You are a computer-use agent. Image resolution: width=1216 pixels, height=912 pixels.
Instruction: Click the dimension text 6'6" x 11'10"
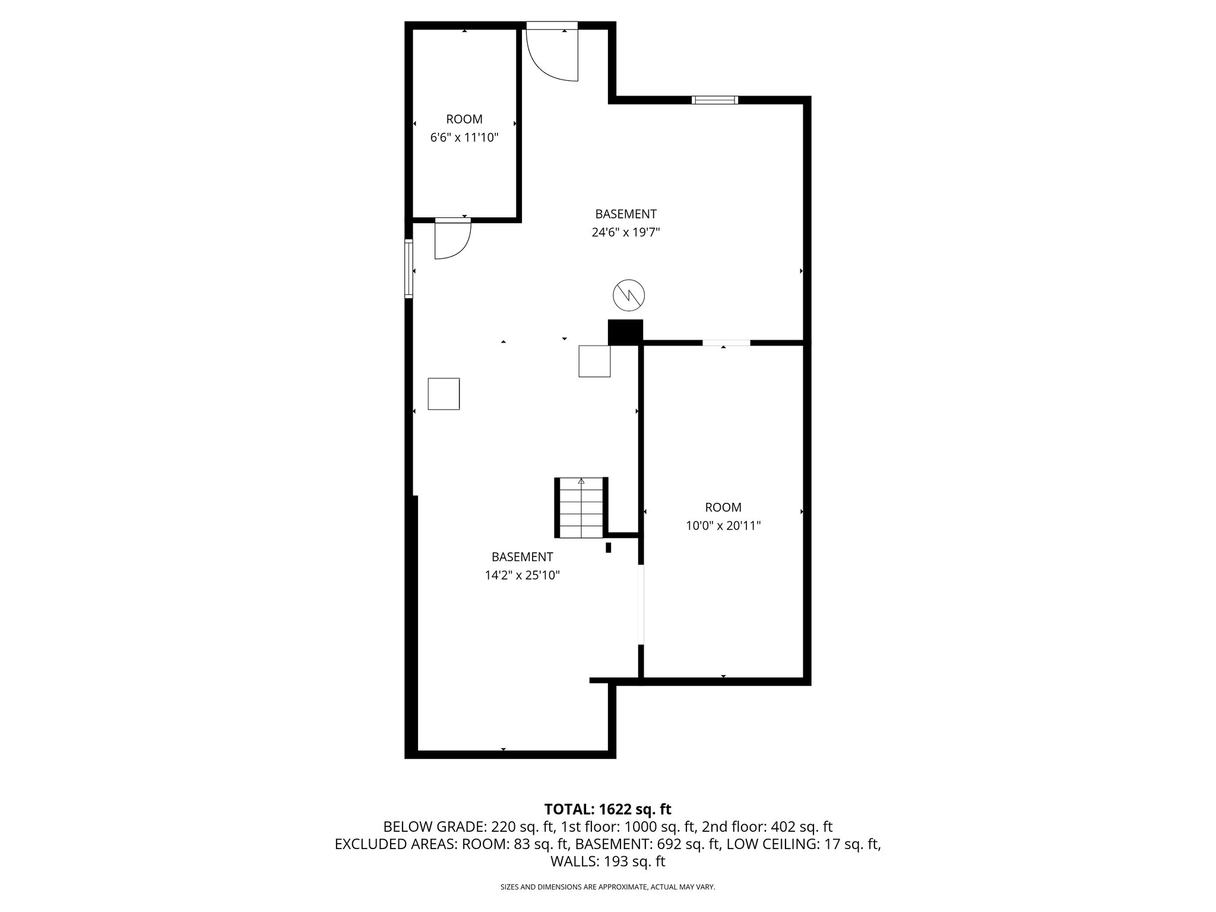click(464, 138)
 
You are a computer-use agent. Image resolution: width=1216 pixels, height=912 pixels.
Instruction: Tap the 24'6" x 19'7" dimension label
click(625, 233)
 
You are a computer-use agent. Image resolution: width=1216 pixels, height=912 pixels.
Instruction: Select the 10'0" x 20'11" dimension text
click(723, 525)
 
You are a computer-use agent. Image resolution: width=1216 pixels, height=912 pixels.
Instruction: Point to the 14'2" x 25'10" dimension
click(522, 575)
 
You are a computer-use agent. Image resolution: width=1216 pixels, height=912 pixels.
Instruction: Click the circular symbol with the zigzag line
click(628, 295)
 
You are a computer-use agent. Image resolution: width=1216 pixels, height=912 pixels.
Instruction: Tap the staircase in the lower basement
click(581, 508)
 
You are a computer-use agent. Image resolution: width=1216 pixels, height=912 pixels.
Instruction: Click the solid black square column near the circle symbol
click(625, 332)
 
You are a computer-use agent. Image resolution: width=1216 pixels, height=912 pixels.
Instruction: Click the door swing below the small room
click(452, 239)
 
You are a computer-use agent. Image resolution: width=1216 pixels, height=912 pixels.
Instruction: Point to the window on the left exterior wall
click(408, 268)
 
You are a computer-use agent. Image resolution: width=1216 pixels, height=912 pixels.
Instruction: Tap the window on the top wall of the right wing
click(715, 100)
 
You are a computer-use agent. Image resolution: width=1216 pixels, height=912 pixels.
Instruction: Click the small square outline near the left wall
click(444, 394)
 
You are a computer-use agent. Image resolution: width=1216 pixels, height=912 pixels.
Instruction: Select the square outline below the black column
click(594, 361)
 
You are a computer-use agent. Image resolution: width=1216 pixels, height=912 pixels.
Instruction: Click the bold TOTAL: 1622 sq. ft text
click(607, 809)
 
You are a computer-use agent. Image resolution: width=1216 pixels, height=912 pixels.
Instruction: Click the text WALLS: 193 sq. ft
click(607, 862)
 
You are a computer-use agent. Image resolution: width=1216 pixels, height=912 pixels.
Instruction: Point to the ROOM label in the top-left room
click(464, 119)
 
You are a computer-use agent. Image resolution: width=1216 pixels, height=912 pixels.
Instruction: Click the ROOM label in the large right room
click(723, 507)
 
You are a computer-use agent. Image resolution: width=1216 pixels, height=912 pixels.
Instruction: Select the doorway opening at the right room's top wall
click(726, 343)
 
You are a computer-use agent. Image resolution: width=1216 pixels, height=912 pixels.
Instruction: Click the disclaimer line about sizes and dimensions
click(607, 887)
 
